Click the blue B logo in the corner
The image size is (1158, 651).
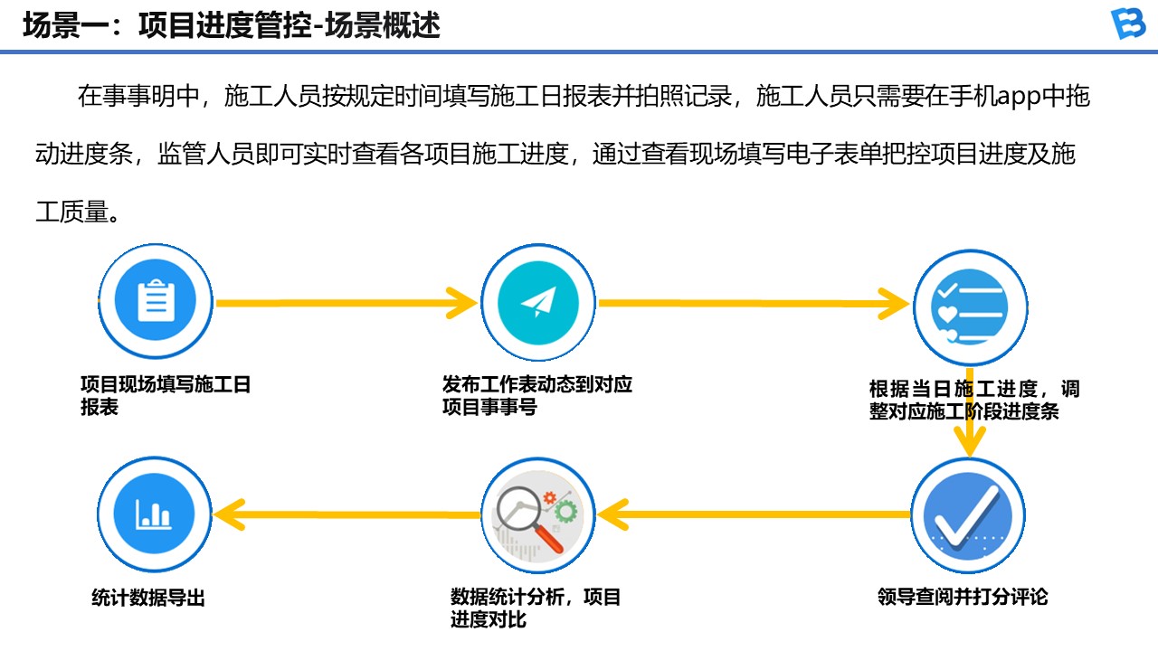click(x=1128, y=24)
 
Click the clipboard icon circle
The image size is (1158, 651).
click(x=156, y=301)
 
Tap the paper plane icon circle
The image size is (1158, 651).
click(x=538, y=302)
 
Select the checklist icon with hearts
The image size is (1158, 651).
click(x=971, y=307)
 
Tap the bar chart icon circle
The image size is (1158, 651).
click(x=155, y=514)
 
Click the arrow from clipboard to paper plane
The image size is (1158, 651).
click(x=346, y=303)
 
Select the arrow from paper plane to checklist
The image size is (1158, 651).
click(x=754, y=303)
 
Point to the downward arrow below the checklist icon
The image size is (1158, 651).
click(x=969, y=412)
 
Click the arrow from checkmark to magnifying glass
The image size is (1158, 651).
click(x=753, y=514)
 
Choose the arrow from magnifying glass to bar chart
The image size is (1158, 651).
click(x=346, y=514)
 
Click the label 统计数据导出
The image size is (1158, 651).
click(x=148, y=598)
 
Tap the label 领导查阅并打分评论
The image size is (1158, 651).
click(x=963, y=597)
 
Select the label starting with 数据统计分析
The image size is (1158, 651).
click(x=535, y=609)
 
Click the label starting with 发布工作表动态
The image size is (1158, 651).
click(x=537, y=396)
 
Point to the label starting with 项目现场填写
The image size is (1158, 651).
click(x=166, y=396)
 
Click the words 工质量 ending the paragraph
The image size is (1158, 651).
click(x=72, y=212)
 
